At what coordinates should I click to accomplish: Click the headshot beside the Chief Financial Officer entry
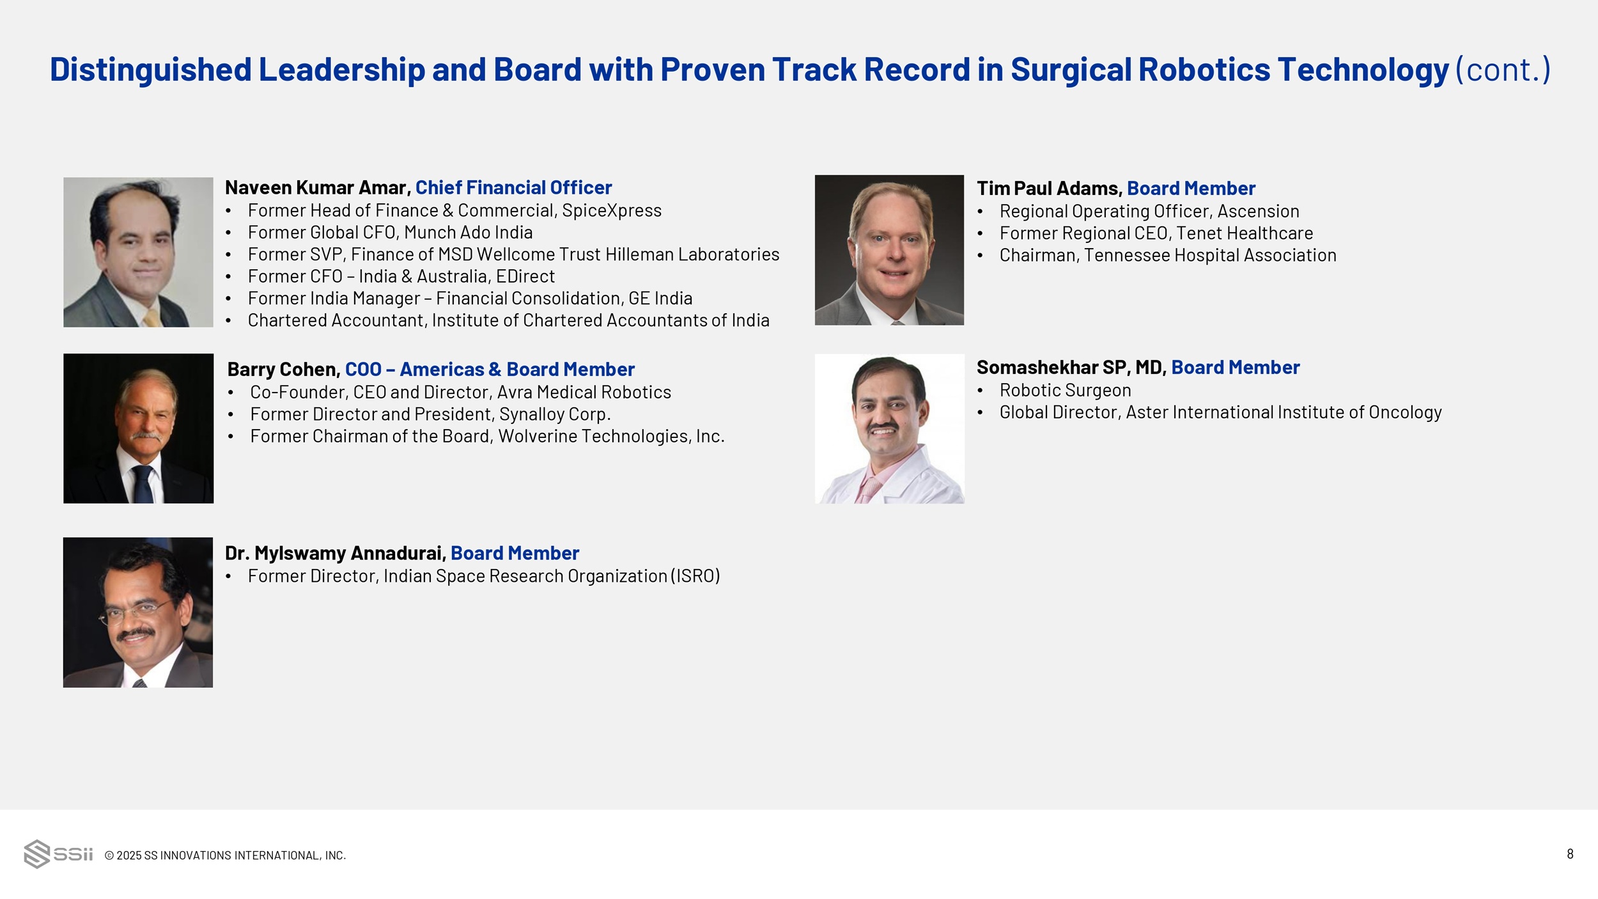point(138,252)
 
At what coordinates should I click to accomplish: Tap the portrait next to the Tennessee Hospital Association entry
point(889,250)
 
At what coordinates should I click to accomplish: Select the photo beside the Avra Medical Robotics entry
point(138,428)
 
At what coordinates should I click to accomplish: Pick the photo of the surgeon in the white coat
point(889,429)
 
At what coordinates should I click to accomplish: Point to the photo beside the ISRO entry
point(137,613)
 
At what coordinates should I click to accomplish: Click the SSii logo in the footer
point(58,854)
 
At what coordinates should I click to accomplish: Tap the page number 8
point(1570,854)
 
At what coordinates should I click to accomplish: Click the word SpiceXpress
point(612,210)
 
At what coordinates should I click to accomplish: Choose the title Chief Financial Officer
point(514,187)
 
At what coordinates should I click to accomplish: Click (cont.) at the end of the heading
point(1503,70)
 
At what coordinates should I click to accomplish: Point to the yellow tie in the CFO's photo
point(152,318)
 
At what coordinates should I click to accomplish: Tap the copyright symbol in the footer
point(109,856)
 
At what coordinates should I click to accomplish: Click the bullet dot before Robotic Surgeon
point(980,391)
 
